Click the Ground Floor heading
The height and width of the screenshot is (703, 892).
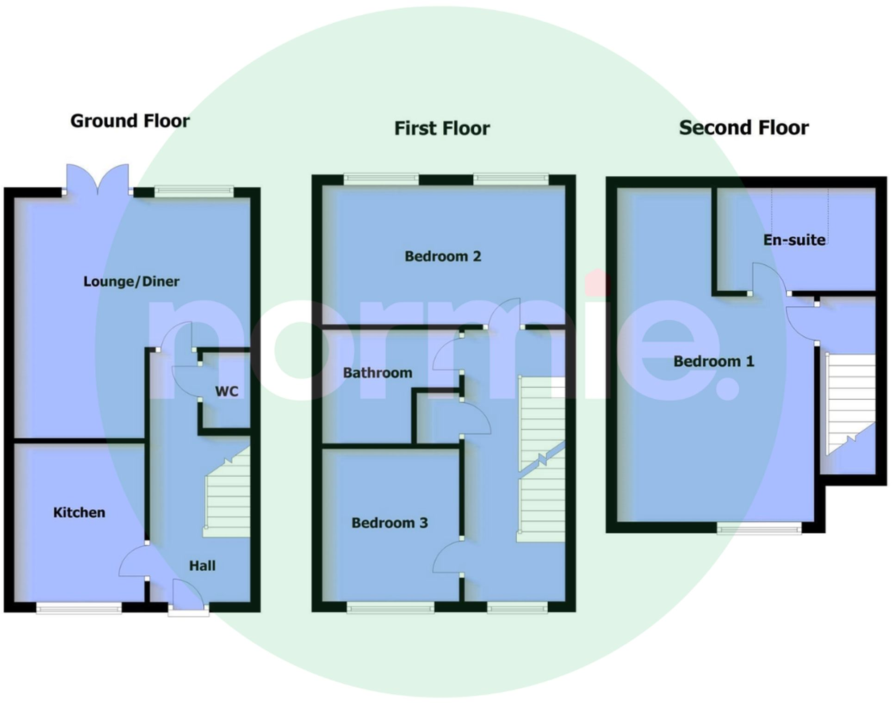[130, 121]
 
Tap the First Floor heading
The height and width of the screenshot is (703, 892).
[442, 129]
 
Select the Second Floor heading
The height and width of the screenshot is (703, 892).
[743, 128]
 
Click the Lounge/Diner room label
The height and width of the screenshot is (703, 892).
[131, 281]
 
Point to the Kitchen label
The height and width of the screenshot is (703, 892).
[79, 512]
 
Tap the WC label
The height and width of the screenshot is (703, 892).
[227, 391]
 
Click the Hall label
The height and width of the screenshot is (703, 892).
[202, 566]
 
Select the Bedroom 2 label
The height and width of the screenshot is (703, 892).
[443, 256]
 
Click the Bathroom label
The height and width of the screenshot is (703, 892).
[378, 373]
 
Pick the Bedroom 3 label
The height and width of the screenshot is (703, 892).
[390, 523]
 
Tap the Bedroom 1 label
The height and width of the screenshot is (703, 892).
[713, 361]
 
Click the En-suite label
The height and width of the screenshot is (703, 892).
[794, 240]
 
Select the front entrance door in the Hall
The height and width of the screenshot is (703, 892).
[187, 597]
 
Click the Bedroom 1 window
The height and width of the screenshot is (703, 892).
[759, 528]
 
